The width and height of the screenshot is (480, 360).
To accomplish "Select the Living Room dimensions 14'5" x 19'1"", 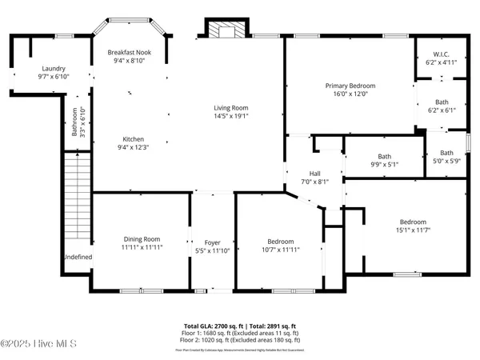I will click(x=230, y=117).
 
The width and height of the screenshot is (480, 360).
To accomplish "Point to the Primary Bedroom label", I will click(x=350, y=86).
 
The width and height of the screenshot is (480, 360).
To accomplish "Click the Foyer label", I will click(x=212, y=242).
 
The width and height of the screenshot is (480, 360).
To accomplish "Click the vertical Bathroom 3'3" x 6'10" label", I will click(x=76, y=122).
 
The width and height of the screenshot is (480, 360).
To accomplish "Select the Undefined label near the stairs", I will click(x=78, y=257).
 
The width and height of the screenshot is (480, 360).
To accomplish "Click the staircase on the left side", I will click(x=75, y=203).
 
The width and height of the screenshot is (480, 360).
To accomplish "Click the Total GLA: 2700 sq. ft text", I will click(x=213, y=326).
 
